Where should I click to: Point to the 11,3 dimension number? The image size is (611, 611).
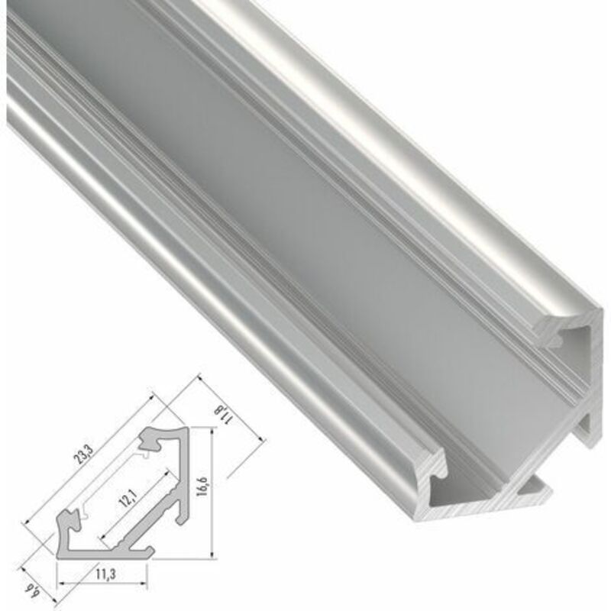[105, 572]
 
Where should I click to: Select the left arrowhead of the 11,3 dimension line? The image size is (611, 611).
[60, 581]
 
